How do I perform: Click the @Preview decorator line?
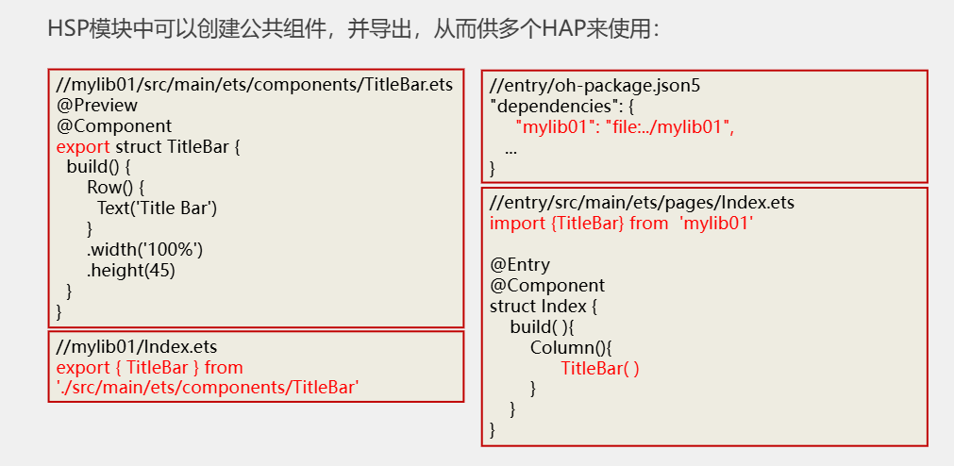(x=96, y=105)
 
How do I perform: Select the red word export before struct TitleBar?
(x=83, y=146)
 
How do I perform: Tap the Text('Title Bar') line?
(x=157, y=208)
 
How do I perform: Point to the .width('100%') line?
(x=144, y=249)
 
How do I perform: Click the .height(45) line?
(x=131, y=270)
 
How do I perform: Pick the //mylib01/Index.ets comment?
(x=137, y=347)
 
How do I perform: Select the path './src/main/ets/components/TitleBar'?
(x=208, y=387)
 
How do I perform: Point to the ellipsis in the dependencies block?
(x=510, y=149)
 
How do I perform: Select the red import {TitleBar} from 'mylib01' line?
(x=622, y=224)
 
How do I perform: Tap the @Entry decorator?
(x=520, y=265)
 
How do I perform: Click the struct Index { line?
(x=544, y=307)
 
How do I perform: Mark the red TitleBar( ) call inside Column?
(x=600, y=368)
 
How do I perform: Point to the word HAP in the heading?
(x=563, y=28)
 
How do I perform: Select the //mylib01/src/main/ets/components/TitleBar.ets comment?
(x=255, y=84)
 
